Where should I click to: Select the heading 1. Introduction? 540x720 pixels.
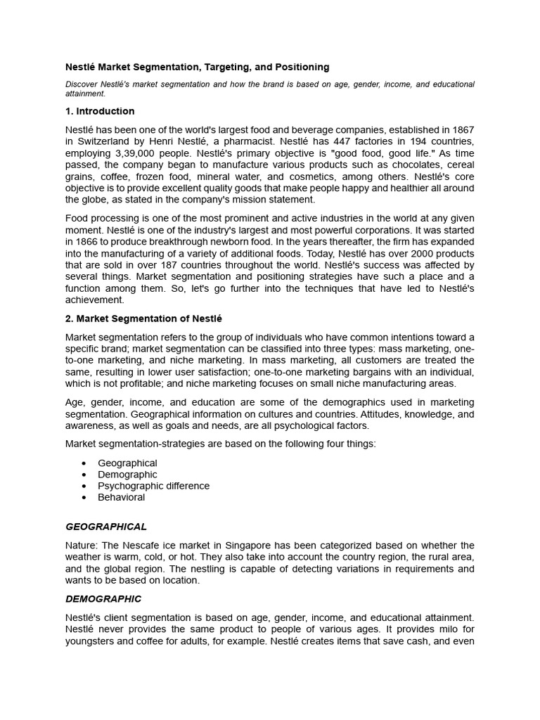tap(100, 111)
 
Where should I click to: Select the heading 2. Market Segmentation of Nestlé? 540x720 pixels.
tap(143, 319)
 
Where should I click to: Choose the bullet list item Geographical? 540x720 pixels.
tap(127, 463)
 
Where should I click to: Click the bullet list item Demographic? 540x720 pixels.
tap(127, 475)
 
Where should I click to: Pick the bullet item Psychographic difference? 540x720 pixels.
tap(153, 486)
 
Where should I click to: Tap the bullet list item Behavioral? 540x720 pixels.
tap(121, 497)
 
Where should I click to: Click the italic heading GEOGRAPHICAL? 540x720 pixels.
tap(106, 527)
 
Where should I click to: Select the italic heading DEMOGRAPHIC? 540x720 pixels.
tap(103, 599)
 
